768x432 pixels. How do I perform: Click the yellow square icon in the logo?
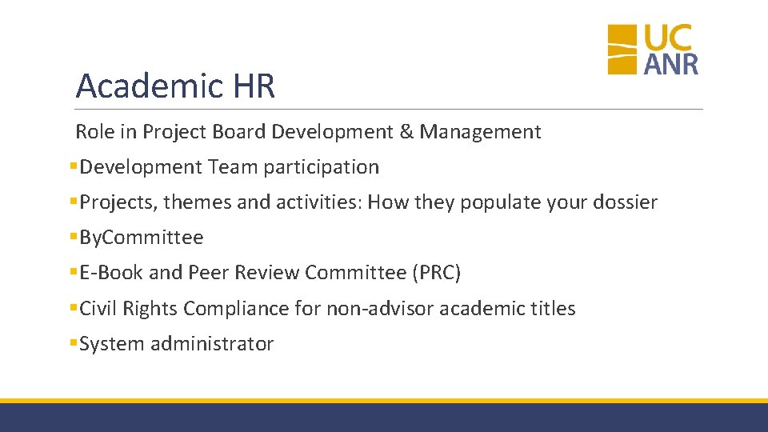(x=622, y=50)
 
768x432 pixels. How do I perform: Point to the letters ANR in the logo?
(x=671, y=63)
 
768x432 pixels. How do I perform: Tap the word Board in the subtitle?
(x=240, y=131)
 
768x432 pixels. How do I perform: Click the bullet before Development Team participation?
(x=73, y=166)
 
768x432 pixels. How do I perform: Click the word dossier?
(x=625, y=202)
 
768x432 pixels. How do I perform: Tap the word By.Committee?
(x=142, y=238)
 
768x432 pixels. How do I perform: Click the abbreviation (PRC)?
(x=436, y=273)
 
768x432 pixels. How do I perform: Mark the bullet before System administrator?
(x=73, y=343)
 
